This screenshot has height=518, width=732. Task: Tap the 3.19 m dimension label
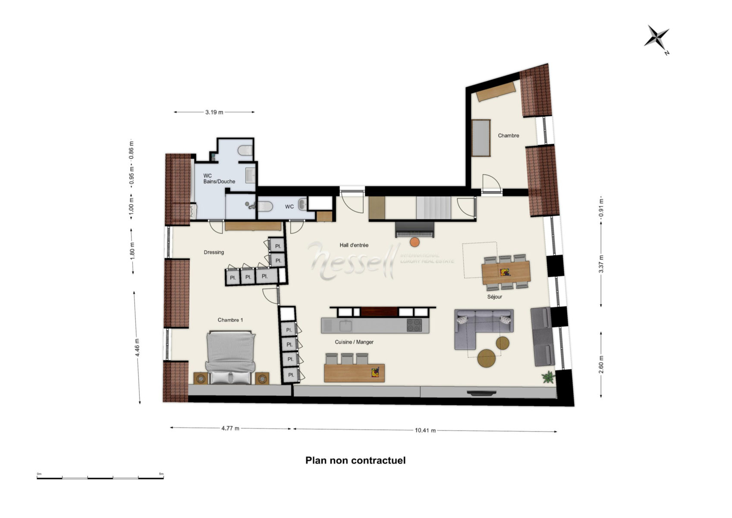click(x=214, y=112)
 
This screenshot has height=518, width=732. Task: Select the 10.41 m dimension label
click(x=425, y=430)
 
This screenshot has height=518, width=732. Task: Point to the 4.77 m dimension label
click(x=230, y=428)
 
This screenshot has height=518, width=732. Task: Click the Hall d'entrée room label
click(x=354, y=245)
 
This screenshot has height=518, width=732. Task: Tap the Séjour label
click(x=494, y=297)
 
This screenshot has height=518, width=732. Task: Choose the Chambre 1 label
click(x=230, y=320)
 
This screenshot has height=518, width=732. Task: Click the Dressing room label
click(x=214, y=252)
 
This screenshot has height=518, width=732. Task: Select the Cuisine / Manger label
click(x=354, y=342)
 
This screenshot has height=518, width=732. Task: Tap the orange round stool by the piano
click(x=415, y=242)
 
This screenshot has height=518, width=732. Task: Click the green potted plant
click(x=548, y=377)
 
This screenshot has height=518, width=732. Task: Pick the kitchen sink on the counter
click(x=345, y=326)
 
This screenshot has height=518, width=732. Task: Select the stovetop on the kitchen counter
click(x=414, y=325)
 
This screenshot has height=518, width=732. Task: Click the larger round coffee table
click(x=486, y=358)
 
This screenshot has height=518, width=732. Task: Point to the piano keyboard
click(x=415, y=234)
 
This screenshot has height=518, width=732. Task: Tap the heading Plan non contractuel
click(x=355, y=461)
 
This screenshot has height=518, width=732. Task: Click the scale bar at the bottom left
click(x=100, y=478)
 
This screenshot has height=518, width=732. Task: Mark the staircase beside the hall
click(x=434, y=207)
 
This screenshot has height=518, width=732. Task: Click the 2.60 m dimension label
click(x=601, y=364)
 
